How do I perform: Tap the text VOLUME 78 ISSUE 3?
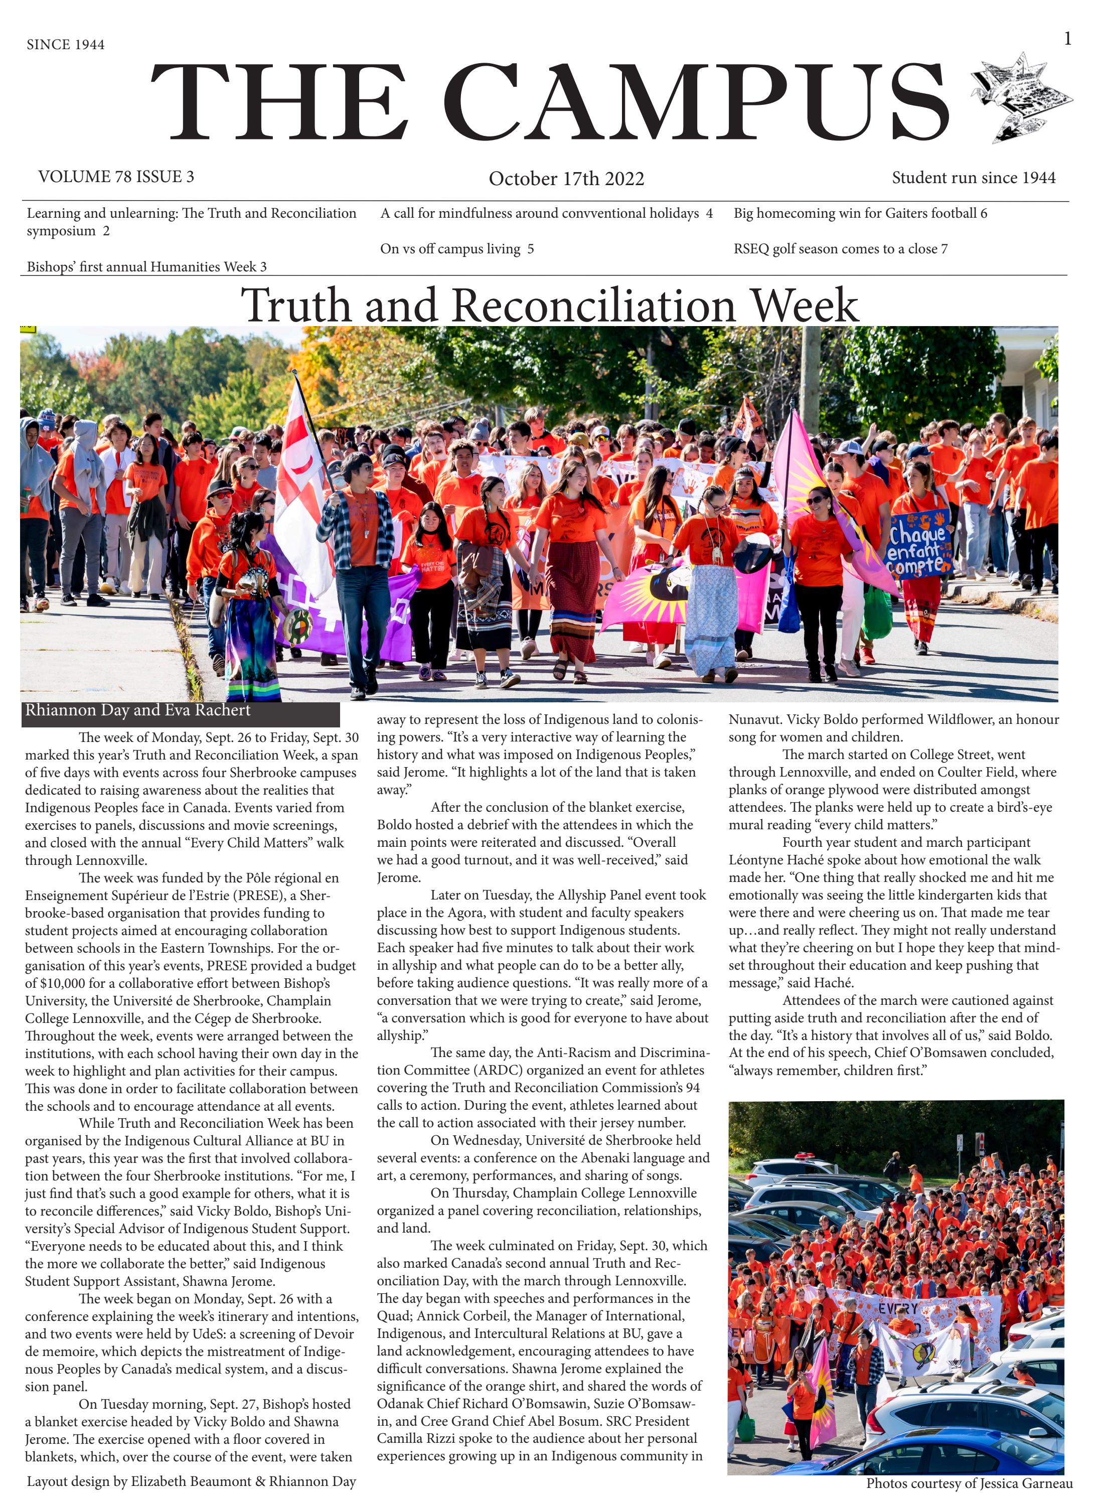[x=116, y=177]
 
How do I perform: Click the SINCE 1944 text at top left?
[x=65, y=45]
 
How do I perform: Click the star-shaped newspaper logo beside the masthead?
[x=1020, y=96]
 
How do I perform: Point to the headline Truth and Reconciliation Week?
[x=549, y=305]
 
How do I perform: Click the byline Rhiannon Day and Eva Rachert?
[x=138, y=710]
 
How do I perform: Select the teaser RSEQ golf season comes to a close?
[x=840, y=249]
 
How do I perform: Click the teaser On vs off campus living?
[x=457, y=249]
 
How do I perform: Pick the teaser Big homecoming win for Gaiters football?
[x=860, y=213]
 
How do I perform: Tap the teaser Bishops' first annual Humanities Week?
[x=146, y=267]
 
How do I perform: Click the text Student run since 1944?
[x=974, y=178]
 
